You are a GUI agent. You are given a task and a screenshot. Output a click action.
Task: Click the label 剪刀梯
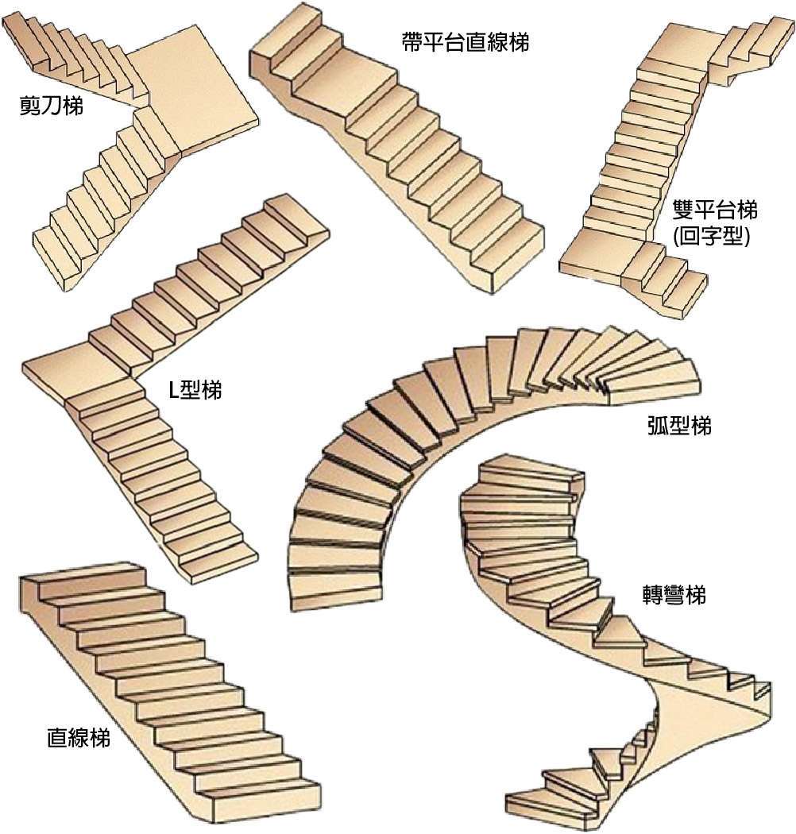pos(52,106)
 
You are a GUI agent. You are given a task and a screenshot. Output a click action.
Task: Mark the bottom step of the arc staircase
pos(338,584)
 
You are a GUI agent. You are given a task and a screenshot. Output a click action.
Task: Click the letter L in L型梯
pos(174,390)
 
